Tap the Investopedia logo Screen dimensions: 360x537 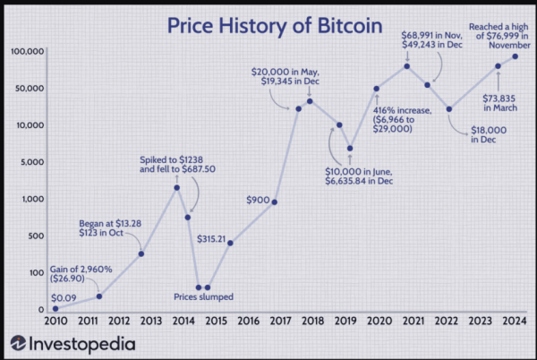pyautogui.click(x=72, y=342)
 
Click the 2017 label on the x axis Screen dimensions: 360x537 pyautogui.click(x=277, y=321)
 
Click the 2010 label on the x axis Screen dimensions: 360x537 pyautogui.click(x=55, y=321)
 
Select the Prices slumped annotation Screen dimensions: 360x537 pyautogui.click(x=204, y=296)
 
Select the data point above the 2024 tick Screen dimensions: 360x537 pyautogui.click(x=516, y=56)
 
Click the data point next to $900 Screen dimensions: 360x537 pyautogui.click(x=274, y=201)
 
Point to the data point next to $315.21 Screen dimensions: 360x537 pyautogui.click(x=230, y=243)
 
